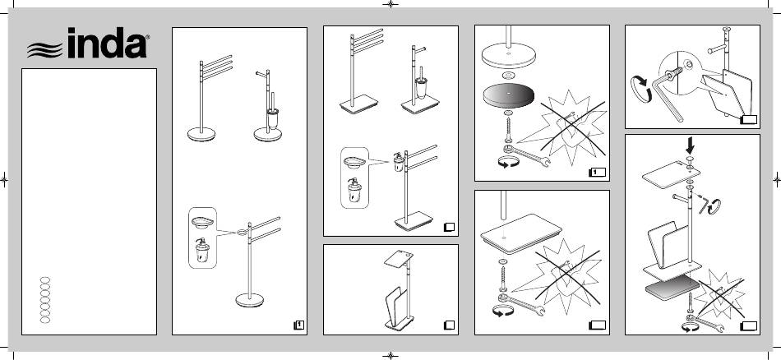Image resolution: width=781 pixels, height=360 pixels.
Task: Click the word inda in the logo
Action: pos(108,44)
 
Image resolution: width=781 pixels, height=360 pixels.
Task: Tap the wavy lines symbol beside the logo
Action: pos(45,50)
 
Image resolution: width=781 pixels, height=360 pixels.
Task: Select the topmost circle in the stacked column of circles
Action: pos(45,279)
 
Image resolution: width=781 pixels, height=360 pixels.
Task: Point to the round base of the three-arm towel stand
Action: pos(201,135)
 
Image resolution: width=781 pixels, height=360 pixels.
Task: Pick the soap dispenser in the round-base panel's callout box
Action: pos(202,251)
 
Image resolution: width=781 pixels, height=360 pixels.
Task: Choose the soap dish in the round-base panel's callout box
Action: pos(202,223)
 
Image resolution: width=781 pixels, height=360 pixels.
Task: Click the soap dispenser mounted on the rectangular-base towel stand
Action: pos(398,162)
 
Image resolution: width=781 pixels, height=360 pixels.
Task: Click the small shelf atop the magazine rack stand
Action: pos(399,258)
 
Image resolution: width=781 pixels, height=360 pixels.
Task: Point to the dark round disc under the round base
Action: pos(508,96)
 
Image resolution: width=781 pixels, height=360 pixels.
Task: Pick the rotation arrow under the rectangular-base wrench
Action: pos(503,312)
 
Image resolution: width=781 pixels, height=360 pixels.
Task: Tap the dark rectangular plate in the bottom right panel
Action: pos(672,288)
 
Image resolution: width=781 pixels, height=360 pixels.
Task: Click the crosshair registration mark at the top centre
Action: pos(390,4)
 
